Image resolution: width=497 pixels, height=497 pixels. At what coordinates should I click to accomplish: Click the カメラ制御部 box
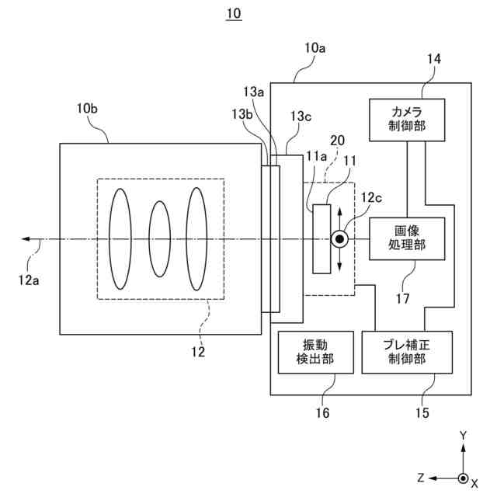[407, 120]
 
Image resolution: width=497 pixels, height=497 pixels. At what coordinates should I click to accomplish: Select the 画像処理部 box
[407, 238]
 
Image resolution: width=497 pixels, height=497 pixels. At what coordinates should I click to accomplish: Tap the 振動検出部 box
[316, 353]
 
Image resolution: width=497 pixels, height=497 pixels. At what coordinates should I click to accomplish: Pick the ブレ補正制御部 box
[407, 353]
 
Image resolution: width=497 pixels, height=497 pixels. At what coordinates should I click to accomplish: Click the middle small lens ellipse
[160, 238]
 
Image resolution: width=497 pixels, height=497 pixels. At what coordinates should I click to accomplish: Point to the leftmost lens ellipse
[120, 238]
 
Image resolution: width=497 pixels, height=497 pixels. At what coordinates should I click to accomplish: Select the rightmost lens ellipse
[196, 238]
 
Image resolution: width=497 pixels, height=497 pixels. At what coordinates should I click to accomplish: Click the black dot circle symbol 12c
[339, 239]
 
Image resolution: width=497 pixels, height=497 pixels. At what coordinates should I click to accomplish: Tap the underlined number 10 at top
[234, 14]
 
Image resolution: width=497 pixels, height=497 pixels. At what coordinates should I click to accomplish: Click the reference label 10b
[87, 109]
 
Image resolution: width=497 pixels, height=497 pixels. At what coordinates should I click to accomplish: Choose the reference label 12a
[29, 280]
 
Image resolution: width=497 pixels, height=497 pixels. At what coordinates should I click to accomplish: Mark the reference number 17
[403, 298]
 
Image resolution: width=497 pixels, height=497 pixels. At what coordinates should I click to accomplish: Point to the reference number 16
[322, 412]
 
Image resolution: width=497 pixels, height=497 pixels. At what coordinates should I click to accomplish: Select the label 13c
[301, 116]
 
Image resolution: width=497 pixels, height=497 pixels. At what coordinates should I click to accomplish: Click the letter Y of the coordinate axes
[464, 436]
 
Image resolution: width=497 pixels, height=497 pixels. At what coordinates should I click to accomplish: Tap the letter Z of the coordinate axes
[421, 478]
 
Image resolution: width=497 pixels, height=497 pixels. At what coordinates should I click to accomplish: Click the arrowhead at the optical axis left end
[25, 239]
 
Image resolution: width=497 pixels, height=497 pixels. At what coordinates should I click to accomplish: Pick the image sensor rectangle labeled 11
[321, 238]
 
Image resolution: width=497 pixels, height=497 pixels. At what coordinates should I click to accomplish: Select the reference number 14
[434, 59]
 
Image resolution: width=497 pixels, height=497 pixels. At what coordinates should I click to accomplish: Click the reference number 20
[337, 141]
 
